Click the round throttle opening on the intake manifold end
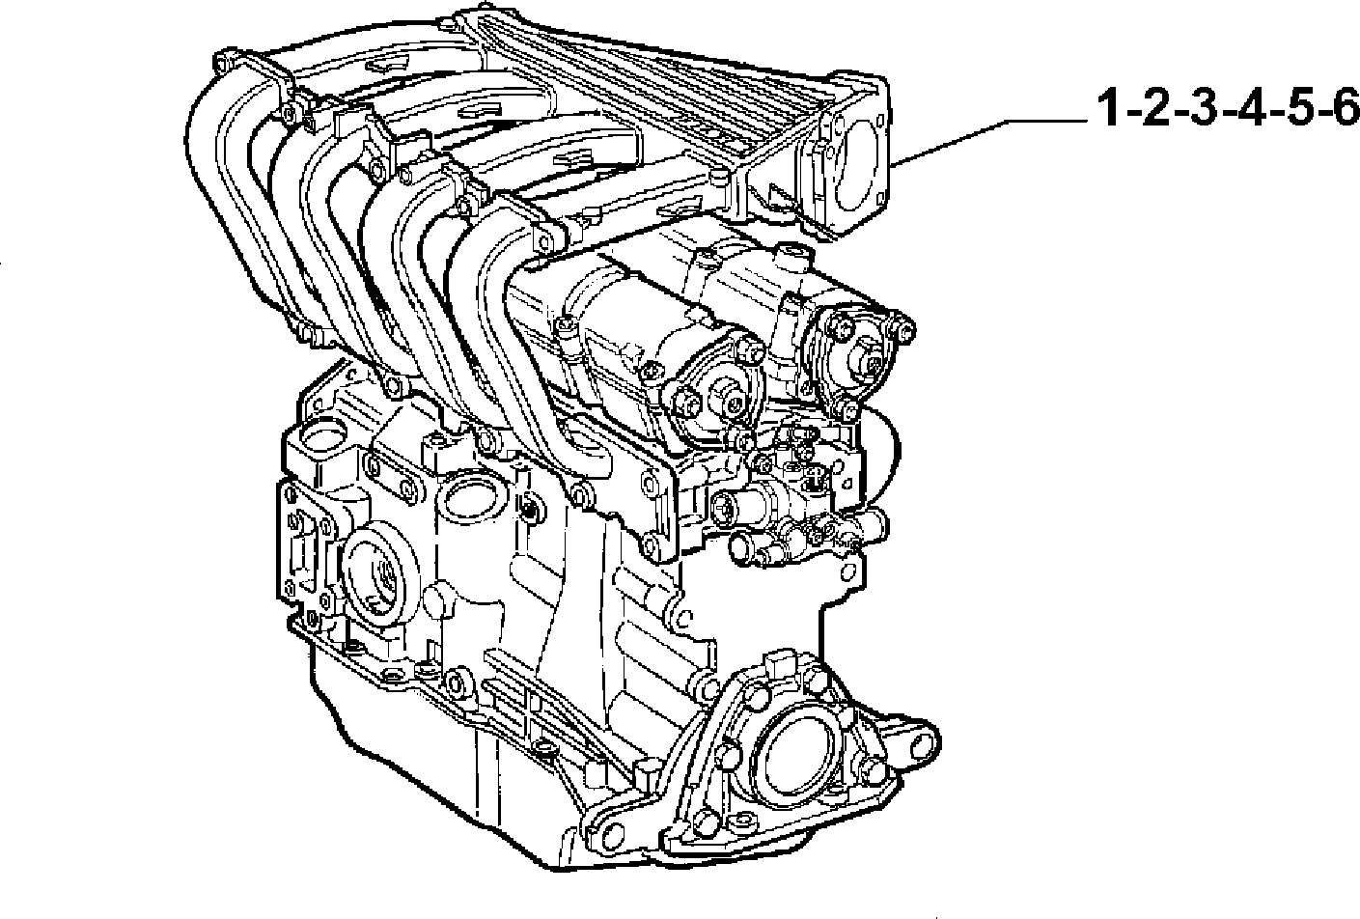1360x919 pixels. (856, 162)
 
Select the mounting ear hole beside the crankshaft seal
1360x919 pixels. (922, 743)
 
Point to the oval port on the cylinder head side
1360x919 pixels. (470, 501)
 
